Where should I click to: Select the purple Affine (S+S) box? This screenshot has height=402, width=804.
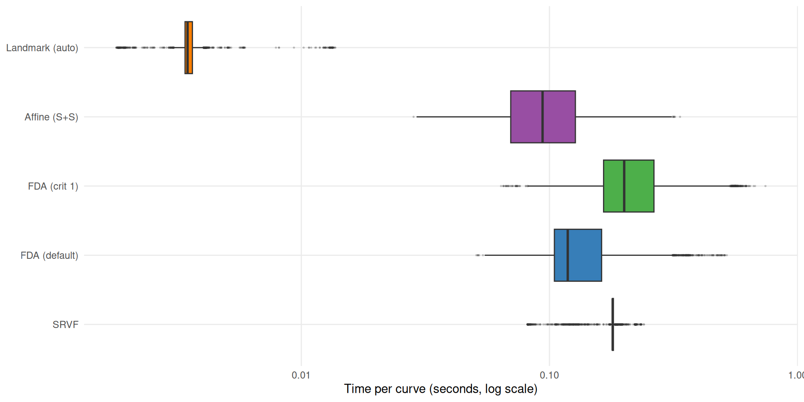(559, 117)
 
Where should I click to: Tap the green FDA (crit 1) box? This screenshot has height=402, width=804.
(639, 186)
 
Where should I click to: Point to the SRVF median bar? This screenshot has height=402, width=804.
(613, 324)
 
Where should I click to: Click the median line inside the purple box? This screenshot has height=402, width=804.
(543, 117)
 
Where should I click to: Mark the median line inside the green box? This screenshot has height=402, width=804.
(624, 186)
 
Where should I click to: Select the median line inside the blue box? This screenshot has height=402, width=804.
(567, 255)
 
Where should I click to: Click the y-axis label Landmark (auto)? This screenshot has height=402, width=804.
(42, 48)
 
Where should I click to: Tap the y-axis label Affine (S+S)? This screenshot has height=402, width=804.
(51, 117)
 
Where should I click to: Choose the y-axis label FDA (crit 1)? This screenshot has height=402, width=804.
(53, 186)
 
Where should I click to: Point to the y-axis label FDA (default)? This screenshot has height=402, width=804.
(49, 255)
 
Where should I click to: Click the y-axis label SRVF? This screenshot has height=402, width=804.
(65, 325)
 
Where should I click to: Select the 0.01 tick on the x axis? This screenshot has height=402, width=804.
(301, 375)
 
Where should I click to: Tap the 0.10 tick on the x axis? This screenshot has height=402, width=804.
(549, 375)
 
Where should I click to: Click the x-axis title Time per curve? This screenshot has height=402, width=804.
(441, 389)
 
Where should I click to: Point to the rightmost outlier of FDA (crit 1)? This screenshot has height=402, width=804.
(765, 186)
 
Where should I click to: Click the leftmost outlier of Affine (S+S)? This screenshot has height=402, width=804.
(414, 117)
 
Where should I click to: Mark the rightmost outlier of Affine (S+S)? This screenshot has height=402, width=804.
(680, 117)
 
